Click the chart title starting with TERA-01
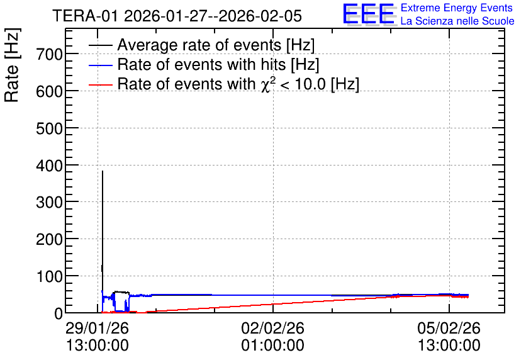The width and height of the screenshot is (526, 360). point(177,16)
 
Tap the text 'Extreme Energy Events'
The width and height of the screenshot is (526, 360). point(457,8)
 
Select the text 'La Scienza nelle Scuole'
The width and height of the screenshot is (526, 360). point(457,21)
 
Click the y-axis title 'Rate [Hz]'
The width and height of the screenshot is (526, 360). point(12,65)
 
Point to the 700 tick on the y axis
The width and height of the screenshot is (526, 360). point(49,54)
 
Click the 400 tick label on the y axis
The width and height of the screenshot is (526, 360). point(49,166)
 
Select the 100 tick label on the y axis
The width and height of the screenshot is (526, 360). point(49,277)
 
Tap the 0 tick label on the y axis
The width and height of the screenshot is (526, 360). point(59,313)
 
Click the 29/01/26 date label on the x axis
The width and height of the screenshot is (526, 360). point(98,328)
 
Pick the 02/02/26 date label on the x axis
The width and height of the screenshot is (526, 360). point(272,328)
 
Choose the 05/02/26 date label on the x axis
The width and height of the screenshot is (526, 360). point(449,328)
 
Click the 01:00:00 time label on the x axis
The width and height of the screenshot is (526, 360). point(272,346)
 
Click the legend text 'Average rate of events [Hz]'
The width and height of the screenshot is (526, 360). point(216,45)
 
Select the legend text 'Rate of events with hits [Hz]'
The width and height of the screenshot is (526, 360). point(218,64)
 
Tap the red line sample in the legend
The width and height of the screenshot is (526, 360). point(100,84)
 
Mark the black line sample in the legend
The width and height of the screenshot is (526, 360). point(100,45)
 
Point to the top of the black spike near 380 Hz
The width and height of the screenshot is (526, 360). point(103,171)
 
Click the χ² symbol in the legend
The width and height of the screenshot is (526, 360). point(266,84)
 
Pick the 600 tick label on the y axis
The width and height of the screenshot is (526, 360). point(49,91)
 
